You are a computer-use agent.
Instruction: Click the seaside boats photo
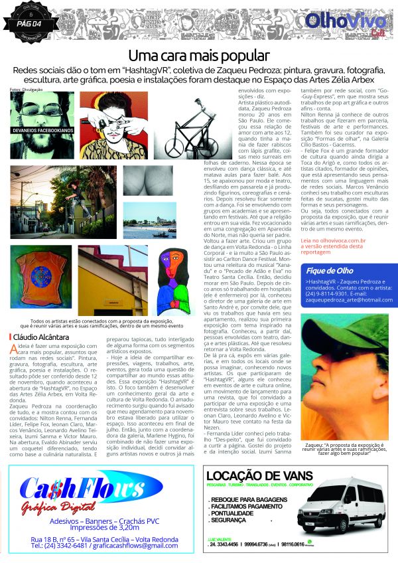tap(150, 220)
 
